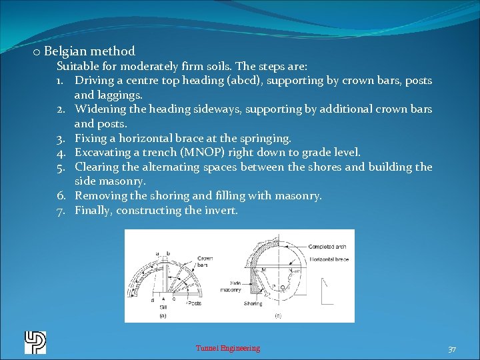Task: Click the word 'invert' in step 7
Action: [x=221, y=211]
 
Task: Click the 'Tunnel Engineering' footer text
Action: [x=228, y=348]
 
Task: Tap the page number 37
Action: [x=452, y=349]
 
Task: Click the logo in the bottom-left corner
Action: [x=35, y=343]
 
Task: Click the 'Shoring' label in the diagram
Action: [x=253, y=303]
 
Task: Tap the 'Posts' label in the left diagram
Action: [x=195, y=303]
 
